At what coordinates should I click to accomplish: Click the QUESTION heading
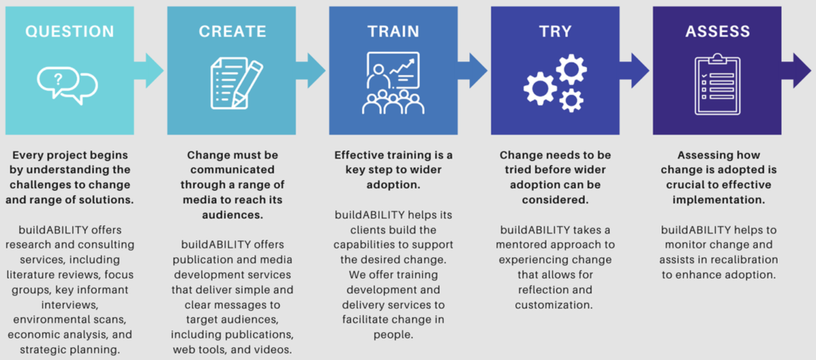pos(70,31)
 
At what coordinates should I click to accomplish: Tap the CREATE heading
pos(232,31)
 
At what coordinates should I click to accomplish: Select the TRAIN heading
pos(394,31)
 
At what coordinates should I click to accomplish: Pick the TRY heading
pos(555,31)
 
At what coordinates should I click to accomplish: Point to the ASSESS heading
pos(718,31)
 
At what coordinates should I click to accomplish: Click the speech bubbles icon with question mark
pos(67,85)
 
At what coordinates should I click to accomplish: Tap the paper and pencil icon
pos(237,84)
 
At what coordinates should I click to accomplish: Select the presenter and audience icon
pos(394,83)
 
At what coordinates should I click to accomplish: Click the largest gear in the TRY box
pos(540,88)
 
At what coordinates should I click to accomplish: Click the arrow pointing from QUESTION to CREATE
pos(148,70)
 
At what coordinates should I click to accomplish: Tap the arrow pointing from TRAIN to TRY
pos(473,70)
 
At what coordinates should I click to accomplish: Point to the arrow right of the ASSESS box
pos(796,70)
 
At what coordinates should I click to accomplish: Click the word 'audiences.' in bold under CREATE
pos(232,214)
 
